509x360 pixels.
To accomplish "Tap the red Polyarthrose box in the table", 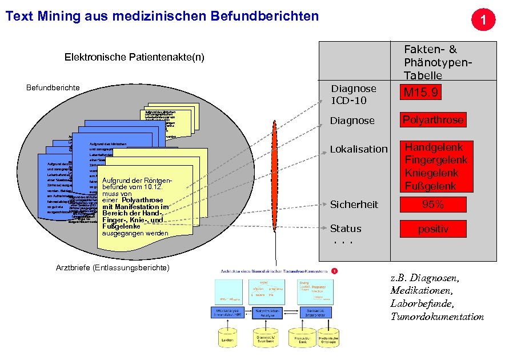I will pyautogui.click(x=433, y=119).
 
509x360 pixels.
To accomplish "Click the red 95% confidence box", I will pyautogui.click(x=433, y=204).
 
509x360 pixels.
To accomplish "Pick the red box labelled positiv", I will pyautogui.click(x=433, y=229).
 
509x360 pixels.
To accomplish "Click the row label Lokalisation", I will pyautogui.click(x=358, y=149).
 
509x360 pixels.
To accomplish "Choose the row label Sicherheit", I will pyautogui.click(x=354, y=204).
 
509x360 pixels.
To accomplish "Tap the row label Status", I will pyautogui.click(x=346, y=229).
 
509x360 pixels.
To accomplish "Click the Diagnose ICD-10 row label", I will pyautogui.click(x=354, y=94).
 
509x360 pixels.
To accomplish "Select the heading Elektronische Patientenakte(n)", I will pyautogui.click(x=134, y=57).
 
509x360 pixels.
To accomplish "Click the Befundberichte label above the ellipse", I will pyautogui.click(x=53, y=87).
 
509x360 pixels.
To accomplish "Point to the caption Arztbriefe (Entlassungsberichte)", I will pyautogui.click(x=113, y=268).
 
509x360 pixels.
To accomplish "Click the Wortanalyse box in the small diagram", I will pyautogui.click(x=228, y=312).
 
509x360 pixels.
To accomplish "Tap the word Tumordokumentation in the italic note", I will pyautogui.click(x=437, y=317).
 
